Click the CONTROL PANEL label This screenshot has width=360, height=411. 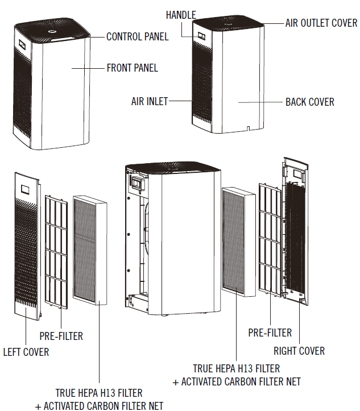[x=138, y=37]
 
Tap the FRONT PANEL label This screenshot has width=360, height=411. [x=133, y=68]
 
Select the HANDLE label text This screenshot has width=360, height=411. [x=181, y=15]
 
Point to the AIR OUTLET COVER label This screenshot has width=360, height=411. [x=321, y=23]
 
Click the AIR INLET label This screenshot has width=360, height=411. [x=150, y=102]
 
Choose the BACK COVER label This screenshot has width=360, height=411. [x=309, y=102]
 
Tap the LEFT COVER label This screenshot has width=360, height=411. [x=26, y=352]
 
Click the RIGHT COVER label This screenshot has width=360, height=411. [x=299, y=350]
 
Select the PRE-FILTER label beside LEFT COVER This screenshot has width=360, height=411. [x=61, y=336]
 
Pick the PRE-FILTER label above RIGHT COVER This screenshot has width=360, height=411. [x=270, y=333]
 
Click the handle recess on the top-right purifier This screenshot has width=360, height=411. [x=201, y=35]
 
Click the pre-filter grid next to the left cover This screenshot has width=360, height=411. [x=56, y=250]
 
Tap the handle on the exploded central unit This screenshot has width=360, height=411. [x=136, y=182]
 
